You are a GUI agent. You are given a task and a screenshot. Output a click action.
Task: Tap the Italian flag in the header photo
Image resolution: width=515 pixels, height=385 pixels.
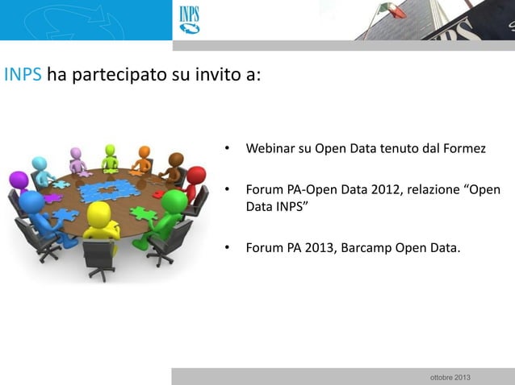tap(393, 9)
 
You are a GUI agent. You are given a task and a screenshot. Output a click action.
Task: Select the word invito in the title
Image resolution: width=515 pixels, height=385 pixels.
tap(213, 77)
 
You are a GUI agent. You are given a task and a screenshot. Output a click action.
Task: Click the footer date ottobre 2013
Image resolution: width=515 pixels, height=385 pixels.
tap(451, 378)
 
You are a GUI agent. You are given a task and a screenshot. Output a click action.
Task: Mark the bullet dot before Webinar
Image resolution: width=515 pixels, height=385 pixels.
tap(228, 149)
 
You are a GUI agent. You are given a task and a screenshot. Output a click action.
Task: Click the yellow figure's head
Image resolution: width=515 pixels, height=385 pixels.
tap(98, 213)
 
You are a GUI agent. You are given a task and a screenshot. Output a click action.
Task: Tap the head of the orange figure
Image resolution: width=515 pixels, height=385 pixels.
tap(144, 151)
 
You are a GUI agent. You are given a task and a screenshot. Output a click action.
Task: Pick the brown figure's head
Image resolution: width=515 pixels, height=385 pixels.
tap(176, 159)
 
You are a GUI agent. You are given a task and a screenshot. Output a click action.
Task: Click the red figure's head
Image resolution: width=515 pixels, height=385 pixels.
tap(195, 174)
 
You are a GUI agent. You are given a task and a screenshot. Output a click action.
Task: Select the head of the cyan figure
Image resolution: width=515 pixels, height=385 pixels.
tap(39, 164)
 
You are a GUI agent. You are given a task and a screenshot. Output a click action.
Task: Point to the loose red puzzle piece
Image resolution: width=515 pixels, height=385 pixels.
tap(158, 194)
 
